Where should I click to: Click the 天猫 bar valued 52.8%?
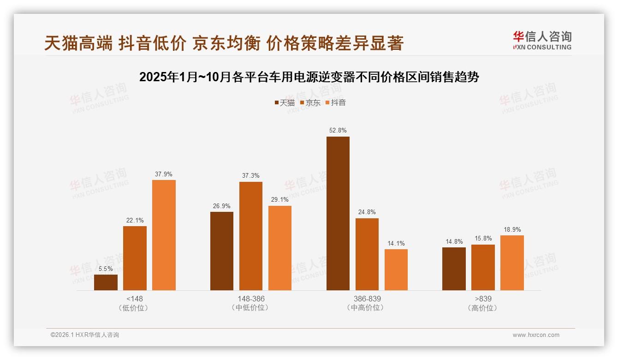click(x=338, y=213)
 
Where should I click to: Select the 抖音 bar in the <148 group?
click(x=164, y=235)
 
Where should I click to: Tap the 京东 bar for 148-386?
click(x=251, y=236)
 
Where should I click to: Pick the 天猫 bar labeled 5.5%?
click(x=106, y=282)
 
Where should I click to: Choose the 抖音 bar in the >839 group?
click(x=512, y=263)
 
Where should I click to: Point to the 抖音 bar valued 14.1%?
click(x=396, y=270)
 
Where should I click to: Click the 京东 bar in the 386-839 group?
click(x=367, y=254)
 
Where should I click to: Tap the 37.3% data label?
click(x=251, y=176)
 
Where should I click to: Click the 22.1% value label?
click(x=135, y=220)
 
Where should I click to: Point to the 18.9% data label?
click(x=512, y=229)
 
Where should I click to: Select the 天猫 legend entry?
click(x=285, y=102)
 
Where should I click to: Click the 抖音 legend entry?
click(x=335, y=102)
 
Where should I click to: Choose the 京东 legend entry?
click(x=310, y=102)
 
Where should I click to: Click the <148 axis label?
click(x=134, y=299)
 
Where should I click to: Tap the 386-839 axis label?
click(x=367, y=299)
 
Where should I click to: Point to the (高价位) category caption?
click(x=482, y=308)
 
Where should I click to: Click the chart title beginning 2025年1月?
click(x=309, y=77)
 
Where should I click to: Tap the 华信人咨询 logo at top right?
click(x=542, y=41)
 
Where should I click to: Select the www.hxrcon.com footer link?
click(x=536, y=335)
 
